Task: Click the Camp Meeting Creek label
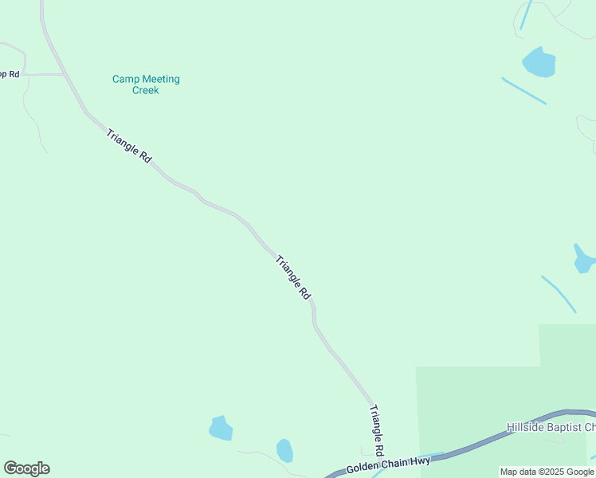(x=146, y=84)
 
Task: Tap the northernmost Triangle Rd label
(x=128, y=146)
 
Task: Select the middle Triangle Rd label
(x=292, y=277)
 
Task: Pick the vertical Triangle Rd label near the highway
(x=377, y=430)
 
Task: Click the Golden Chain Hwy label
(x=388, y=466)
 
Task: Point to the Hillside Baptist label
(x=551, y=428)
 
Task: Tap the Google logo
(x=26, y=468)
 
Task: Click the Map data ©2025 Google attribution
(x=547, y=472)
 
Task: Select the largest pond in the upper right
(x=539, y=62)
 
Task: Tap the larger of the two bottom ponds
(x=221, y=429)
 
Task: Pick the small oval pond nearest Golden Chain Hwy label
(x=284, y=450)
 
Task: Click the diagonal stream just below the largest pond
(x=523, y=90)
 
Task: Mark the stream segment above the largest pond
(x=525, y=15)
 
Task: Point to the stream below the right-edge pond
(x=559, y=294)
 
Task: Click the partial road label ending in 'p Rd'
(x=10, y=74)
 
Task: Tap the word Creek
(x=146, y=91)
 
